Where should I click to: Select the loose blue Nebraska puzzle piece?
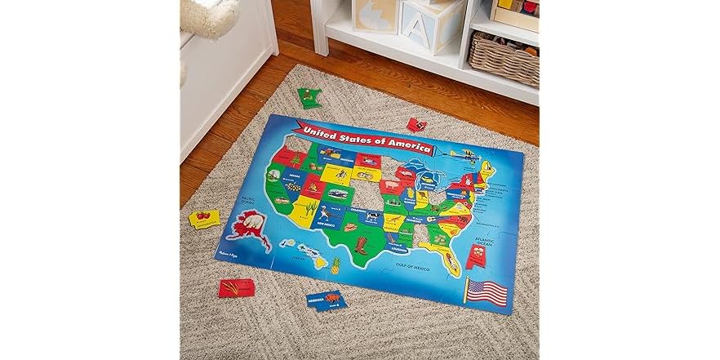[x=326, y=300]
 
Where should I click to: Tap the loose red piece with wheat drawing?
[x=237, y=287]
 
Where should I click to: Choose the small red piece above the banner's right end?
[x=416, y=124]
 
